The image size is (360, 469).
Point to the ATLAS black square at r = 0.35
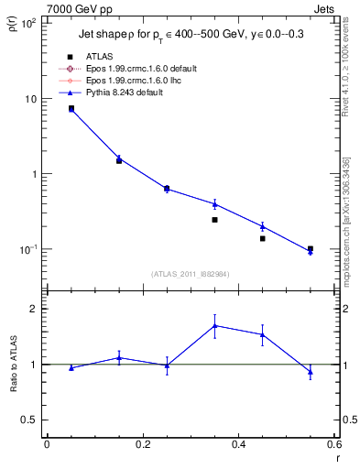(214, 220)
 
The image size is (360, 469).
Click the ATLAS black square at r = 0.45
(262, 238)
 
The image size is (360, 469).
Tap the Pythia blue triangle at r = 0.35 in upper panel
(214, 203)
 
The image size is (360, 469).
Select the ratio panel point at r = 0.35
(214, 325)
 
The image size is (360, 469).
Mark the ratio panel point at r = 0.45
(262, 334)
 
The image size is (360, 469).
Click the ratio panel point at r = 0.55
(311, 372)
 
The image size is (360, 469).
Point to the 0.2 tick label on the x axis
(142, 444)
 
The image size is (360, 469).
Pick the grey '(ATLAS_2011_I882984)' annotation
(190, 274)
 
